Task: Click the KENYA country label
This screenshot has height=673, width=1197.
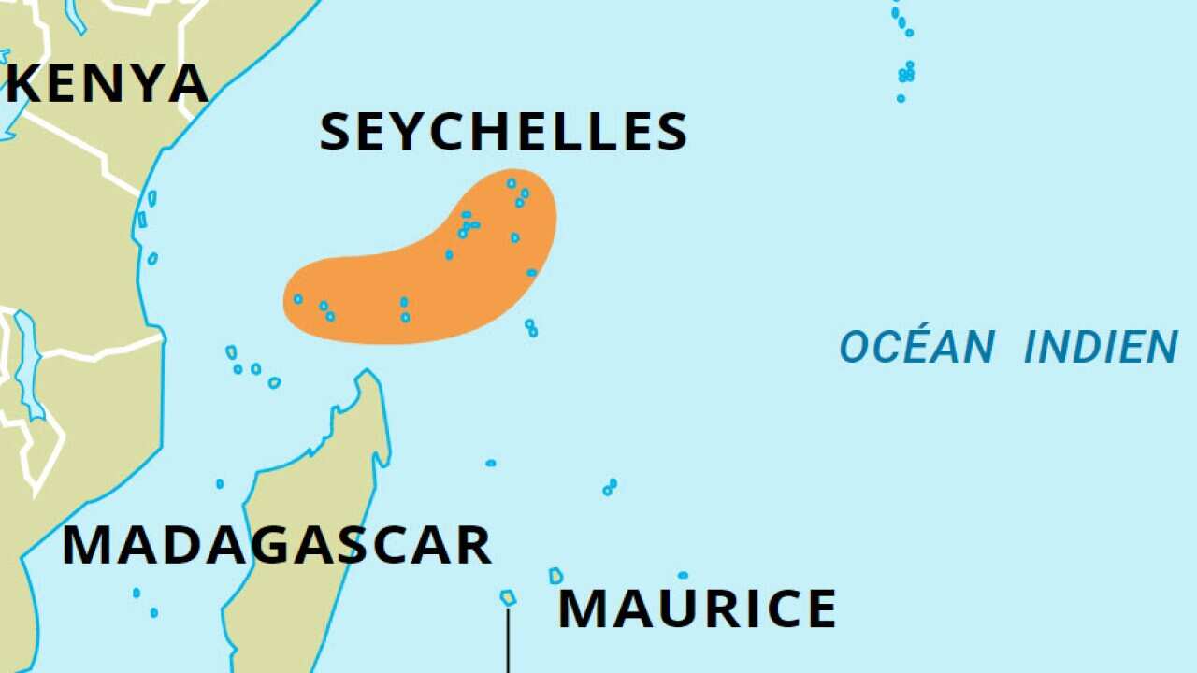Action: pos(107,84)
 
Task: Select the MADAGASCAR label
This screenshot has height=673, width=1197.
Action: pos(277,546)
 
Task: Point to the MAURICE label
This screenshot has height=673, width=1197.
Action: pos(697,609)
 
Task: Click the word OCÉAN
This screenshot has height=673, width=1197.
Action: pos(916,348)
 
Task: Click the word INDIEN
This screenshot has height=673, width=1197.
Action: pos(1101,348)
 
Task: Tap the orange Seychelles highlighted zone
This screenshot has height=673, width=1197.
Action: pos(421,280)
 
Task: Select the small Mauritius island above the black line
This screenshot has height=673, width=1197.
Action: pos(508,597)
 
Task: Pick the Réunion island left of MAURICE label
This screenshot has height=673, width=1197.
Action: pos(555,576)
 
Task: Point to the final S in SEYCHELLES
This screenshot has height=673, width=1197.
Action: pos(670,132)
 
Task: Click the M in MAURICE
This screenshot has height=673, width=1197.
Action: pos(583,609)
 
